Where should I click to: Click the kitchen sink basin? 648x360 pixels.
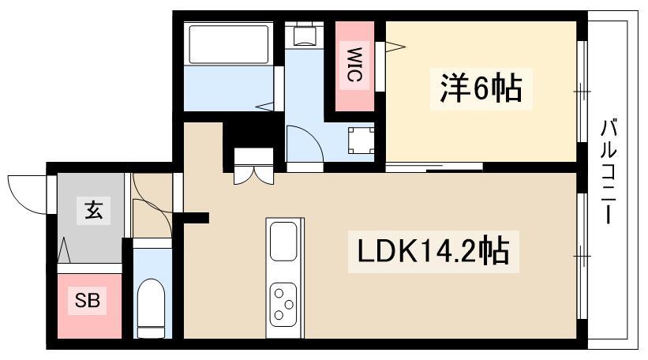[283, 240]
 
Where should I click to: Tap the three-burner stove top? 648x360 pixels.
[283, 302]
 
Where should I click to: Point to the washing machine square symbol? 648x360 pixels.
[361, 140]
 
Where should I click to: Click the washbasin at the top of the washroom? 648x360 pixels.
[304, 35]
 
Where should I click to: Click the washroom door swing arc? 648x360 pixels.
[304, 145]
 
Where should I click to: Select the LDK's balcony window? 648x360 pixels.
[582, 255]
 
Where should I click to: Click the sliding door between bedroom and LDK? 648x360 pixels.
[434, 167]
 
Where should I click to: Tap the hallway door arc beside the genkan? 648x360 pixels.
[150, 197]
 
